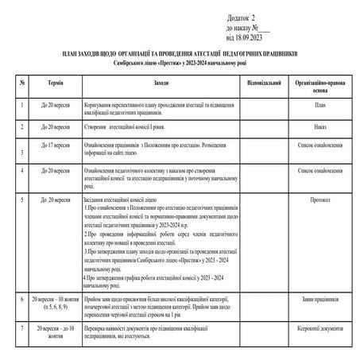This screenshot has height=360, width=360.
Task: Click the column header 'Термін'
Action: [54, 83]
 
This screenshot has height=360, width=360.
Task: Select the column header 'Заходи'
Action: [161, 83]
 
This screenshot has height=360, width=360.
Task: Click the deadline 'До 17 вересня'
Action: [54, 146]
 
